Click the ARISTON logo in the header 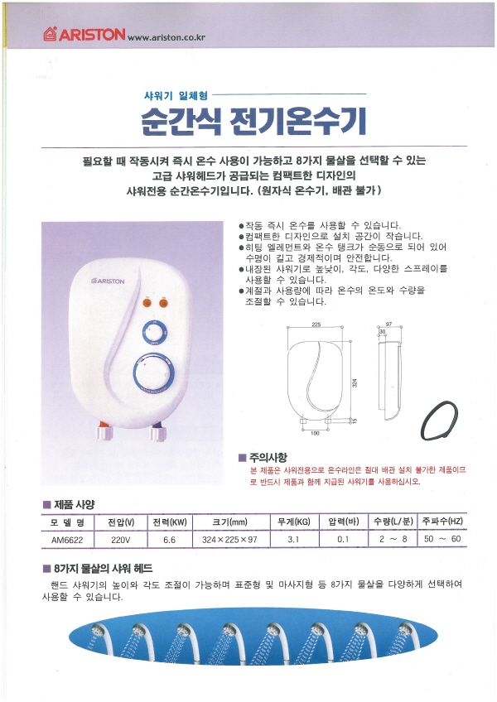(84, 34)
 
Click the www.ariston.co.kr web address (166, 37)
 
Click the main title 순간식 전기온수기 (253, 121)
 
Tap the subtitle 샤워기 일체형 (176, 95)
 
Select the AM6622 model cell (67, 540)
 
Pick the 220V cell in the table (121, 540)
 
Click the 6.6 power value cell (170, 540)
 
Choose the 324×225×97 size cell (229, 540)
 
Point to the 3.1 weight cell (293, 540)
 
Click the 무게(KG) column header (293, 522)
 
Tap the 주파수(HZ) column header (442, 522)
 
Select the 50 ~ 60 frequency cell (442, 539)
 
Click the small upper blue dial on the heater (155, 333)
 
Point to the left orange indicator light (147, 303)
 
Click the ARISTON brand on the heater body (108, 281)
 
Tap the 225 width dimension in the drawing (316, 325)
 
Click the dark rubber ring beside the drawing (440, 420)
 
